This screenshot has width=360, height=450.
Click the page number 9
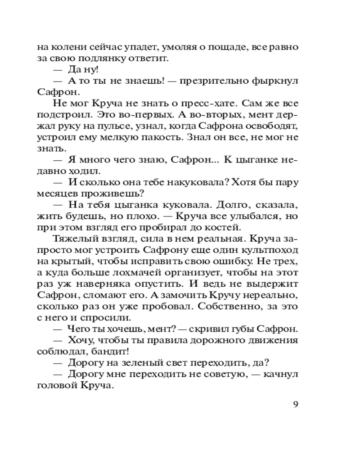click(295, 404)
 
